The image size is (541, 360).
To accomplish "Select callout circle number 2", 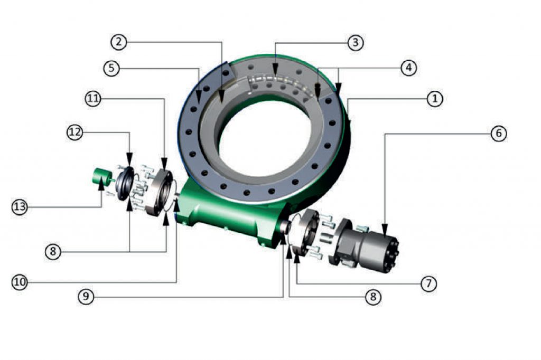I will coord(119,42).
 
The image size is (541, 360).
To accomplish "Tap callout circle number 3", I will coord(356,42).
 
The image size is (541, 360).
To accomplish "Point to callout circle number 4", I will coord(408,68).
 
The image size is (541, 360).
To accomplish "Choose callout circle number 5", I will coord(111,69).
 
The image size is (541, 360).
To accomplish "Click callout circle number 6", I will coord(498,134).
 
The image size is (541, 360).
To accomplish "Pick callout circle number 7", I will coord(428,283).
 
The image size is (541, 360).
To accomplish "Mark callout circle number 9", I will coord(86,297).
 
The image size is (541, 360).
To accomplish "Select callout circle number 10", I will coord(20,282).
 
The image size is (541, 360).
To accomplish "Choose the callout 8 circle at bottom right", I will coord(372,297).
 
